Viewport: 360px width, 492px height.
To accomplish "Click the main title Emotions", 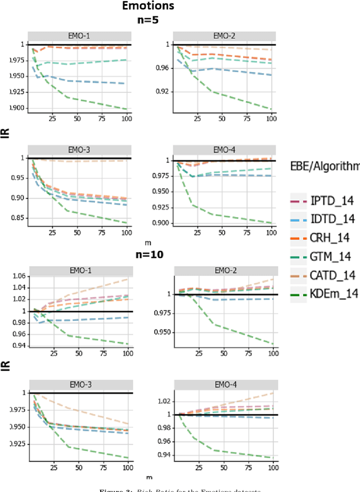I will pos(150,7).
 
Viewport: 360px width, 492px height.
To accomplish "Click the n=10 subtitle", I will pos(150,254).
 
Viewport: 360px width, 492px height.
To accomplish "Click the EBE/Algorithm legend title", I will pos(323,166).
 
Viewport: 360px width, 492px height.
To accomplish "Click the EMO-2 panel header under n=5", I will pos(223,36).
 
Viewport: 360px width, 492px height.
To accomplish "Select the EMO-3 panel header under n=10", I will pos(78,384).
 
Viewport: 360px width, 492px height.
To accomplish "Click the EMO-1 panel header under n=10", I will pos(78,270).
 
